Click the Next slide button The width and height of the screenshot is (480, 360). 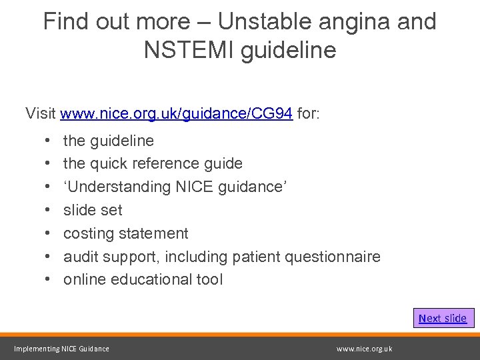(443, 318)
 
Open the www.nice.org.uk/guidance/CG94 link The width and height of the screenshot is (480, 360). (176, 113)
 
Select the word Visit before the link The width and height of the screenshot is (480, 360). (41, 113)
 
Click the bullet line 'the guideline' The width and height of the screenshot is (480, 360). (108, 141)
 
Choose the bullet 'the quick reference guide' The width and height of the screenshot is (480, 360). (153, 163)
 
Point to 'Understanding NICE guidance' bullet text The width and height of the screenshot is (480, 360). (175, 187)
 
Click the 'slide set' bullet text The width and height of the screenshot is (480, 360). (93, 211)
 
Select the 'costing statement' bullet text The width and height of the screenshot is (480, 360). (125, 233)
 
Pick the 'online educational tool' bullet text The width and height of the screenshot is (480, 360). (143, 279)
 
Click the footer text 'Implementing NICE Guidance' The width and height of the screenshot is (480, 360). (62, 349)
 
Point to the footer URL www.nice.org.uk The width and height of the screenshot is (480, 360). (365, 349)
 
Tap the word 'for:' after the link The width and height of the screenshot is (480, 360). (308, 113)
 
